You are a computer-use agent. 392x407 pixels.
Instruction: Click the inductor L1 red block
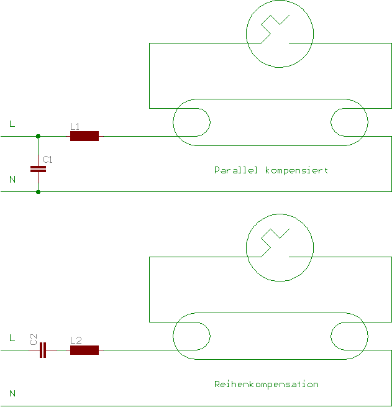pyautogui.click(x=84, y=136)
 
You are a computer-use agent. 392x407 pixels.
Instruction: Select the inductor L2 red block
pyautogui.click(x=84, y=350)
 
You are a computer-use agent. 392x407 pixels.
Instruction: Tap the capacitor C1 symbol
pyautogui.click(x=39, y=168)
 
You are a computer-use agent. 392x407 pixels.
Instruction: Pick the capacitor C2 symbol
pyautogui.click(x=42, y=350)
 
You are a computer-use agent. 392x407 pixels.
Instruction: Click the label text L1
pyautogui.click(x=75, y=126)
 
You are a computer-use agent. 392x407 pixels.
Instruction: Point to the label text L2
pyautogui.click(x=75, y=341)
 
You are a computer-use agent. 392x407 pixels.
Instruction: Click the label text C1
pyautogui.click(x=48, y=160)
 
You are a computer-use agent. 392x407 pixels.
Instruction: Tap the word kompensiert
pyautogui.click(x=296, y=170)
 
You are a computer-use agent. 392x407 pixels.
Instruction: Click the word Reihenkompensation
pyautogui.click(x=266, y=384)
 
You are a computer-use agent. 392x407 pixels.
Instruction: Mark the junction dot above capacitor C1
pyautogui.click(x=39, y=136)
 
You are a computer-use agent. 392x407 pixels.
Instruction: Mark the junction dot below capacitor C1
pyautogui.click(x=39, y=191)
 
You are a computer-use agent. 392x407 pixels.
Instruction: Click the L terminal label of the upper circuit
pyautogui.click(x=12, y=124)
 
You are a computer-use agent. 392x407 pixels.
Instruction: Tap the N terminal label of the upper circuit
pyautogui.click(x=12, y=180)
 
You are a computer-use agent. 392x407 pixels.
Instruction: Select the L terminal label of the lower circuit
pyautogui.click(x=12, y=338)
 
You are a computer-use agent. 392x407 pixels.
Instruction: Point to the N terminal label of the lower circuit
pyautogui.click(x=12, y=393)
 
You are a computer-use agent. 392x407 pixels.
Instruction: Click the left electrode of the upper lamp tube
pyautogui.click(x=191, y=122)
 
